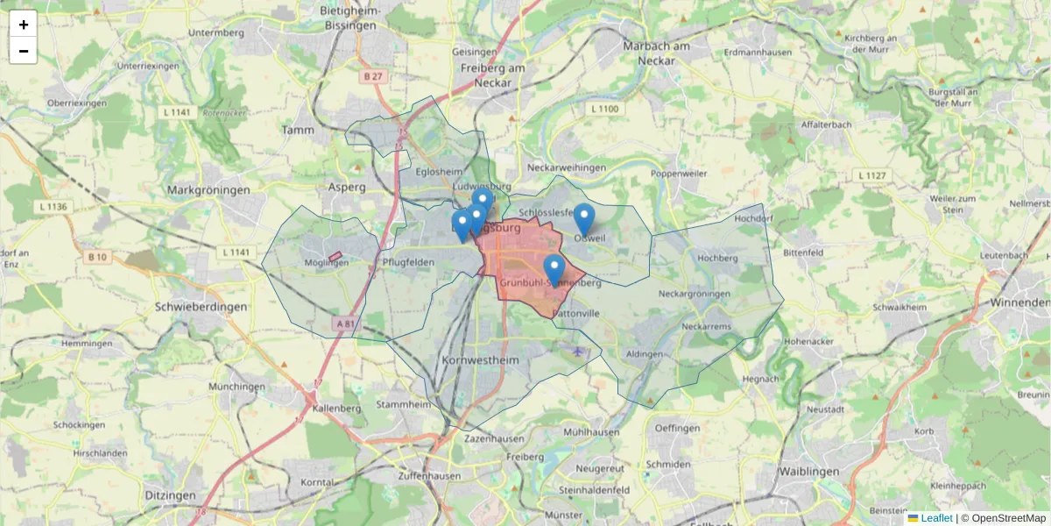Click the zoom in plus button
point(24,24)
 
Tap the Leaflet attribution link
point(936,518)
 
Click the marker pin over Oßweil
point(583,219)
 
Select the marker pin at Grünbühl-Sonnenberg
point(554,270)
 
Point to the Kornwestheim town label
point(481,360)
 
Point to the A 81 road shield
point(345,323)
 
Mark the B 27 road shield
point(373,76)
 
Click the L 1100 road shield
point(604,109)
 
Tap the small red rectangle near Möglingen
point(335,256)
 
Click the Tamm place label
point(297,130)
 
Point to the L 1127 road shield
point(872,175)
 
